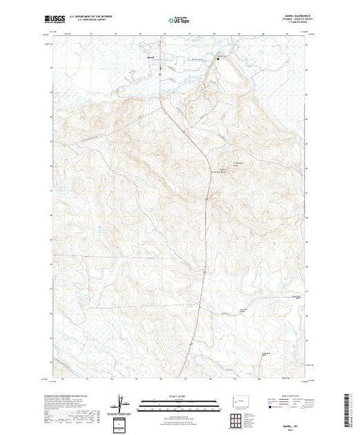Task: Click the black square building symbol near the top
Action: tap(220, 59)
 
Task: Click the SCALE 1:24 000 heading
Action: tap(179, 394)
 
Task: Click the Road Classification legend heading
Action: tap(283, 394)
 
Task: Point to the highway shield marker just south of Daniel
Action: tap(160, 68)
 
